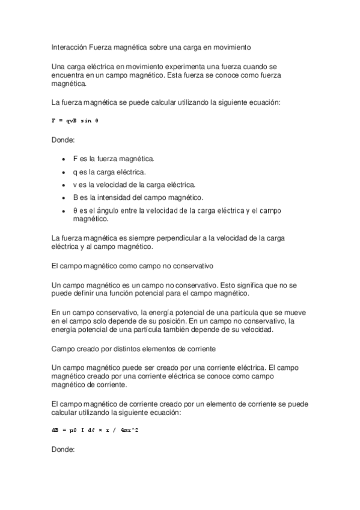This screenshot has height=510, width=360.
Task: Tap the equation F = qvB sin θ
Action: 75,121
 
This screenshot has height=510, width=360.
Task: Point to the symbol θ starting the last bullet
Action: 76,210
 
